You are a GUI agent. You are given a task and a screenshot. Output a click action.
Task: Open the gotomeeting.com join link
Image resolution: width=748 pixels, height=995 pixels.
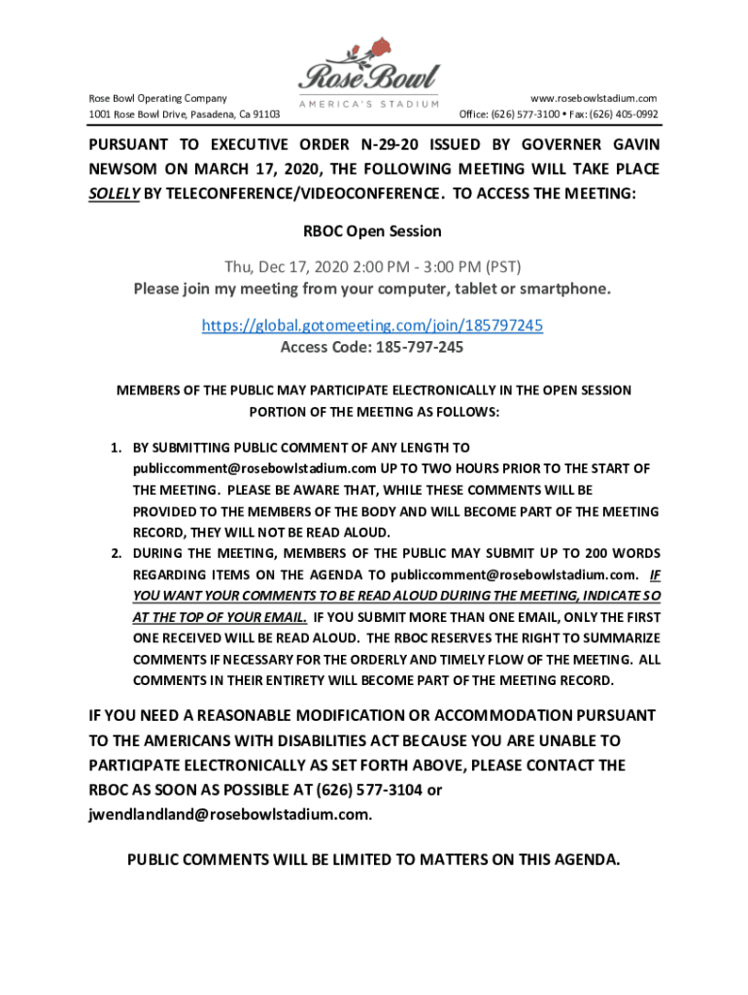click(x=372, y=326)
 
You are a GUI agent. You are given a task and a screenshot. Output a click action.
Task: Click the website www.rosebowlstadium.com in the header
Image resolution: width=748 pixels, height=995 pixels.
click(x=594, y=98)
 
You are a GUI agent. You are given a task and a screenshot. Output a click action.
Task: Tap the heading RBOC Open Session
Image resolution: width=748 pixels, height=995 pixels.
click(x=373, y=231)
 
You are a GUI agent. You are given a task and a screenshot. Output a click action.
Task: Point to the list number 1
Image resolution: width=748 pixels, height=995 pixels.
click(x=114, y=448)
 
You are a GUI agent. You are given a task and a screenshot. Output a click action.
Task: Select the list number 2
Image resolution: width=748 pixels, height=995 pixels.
click(x=114, y=555)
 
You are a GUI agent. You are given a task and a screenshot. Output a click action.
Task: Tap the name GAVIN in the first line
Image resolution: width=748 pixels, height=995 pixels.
click(x=630, y=145)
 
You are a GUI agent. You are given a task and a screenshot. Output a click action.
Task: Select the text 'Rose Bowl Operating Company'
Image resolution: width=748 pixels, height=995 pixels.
click(x=158, y=98)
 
